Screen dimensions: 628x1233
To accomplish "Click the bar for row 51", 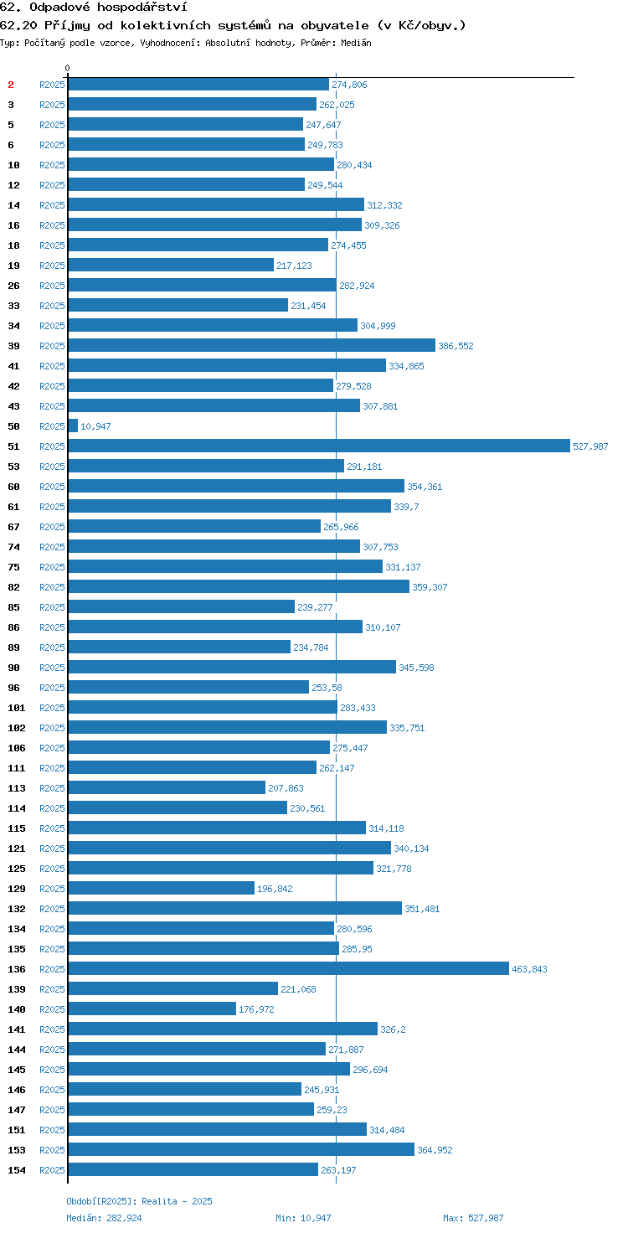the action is (319, 446).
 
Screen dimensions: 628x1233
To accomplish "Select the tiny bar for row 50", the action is (73, 426).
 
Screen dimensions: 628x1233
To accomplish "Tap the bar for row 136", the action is (288, 969).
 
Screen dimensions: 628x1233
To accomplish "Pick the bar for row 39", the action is (251, 346).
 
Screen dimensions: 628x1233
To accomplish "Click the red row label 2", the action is (11, 85).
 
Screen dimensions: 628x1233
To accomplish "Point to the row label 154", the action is (17, 1170).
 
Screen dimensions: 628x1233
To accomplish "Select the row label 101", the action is (17, 708).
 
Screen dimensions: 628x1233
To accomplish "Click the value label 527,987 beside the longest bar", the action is (590, 446).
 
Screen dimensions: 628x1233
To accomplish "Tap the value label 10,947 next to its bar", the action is (95, 426).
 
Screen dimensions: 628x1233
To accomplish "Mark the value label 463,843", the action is (529, 969).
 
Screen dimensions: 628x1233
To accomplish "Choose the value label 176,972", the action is (256, 1009).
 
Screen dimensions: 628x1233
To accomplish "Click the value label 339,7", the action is (406, 507).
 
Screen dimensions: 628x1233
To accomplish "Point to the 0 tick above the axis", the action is (68, 68).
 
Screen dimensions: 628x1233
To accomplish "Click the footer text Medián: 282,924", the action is (104, 1218).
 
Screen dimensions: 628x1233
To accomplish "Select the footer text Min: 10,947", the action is (303, 1218).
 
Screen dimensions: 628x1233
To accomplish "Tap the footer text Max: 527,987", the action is (473, 1218).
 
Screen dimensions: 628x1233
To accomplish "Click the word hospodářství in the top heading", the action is (142, 8).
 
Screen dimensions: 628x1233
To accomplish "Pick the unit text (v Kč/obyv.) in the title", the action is (422, 25).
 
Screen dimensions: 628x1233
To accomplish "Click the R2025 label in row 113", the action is (52, 788).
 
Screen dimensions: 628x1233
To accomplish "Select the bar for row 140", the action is (152, 1009).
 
